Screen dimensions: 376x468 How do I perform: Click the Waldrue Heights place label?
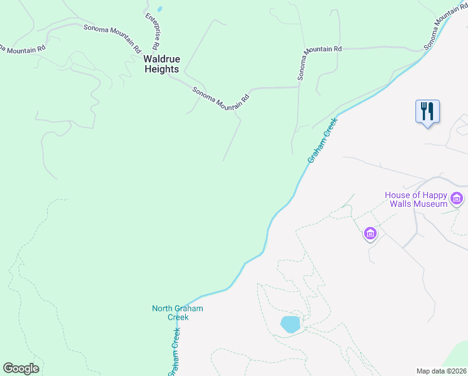[161, 64]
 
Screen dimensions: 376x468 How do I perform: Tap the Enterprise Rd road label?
[152, 31]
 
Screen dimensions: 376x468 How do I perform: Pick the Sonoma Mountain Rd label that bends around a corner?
[319, 56]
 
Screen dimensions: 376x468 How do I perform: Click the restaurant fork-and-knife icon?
[427, 112]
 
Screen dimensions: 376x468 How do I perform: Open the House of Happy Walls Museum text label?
[415, 199]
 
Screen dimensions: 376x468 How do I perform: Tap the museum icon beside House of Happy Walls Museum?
[457, 200]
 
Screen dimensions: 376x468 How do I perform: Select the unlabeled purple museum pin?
[370, 234]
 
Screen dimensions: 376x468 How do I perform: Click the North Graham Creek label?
[178, 313]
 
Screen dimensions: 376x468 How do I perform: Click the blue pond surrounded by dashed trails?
[290, 324]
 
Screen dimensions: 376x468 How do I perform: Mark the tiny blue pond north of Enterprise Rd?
[160, 9]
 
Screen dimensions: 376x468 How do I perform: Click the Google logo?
[21, 368]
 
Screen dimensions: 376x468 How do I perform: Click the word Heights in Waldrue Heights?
[161, 70]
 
